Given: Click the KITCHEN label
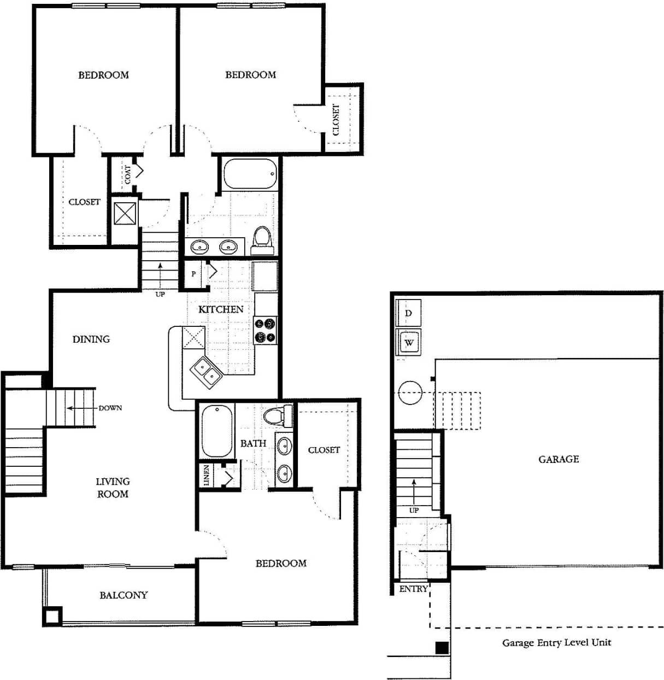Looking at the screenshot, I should [221, 309].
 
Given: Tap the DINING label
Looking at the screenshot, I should [91, 339].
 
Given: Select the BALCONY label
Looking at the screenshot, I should [124, 595].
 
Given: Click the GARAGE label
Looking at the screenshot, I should [559, 460].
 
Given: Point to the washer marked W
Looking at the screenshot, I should [409, 343].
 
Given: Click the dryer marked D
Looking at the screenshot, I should [408, 314].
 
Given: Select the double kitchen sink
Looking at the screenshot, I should [205, 372].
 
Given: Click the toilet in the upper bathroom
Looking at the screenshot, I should [262, 241].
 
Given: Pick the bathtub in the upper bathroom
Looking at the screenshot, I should [249, 174].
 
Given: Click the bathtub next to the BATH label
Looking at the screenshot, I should [216, 431].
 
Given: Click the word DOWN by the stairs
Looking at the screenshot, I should [110, 408].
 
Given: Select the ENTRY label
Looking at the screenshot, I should [413, 589].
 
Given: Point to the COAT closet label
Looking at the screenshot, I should [127, 175].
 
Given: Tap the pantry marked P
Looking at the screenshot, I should [193, 274].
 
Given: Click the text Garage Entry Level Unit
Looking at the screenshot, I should [556, 643].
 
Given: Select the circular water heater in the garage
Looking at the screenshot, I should [410, 392].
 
